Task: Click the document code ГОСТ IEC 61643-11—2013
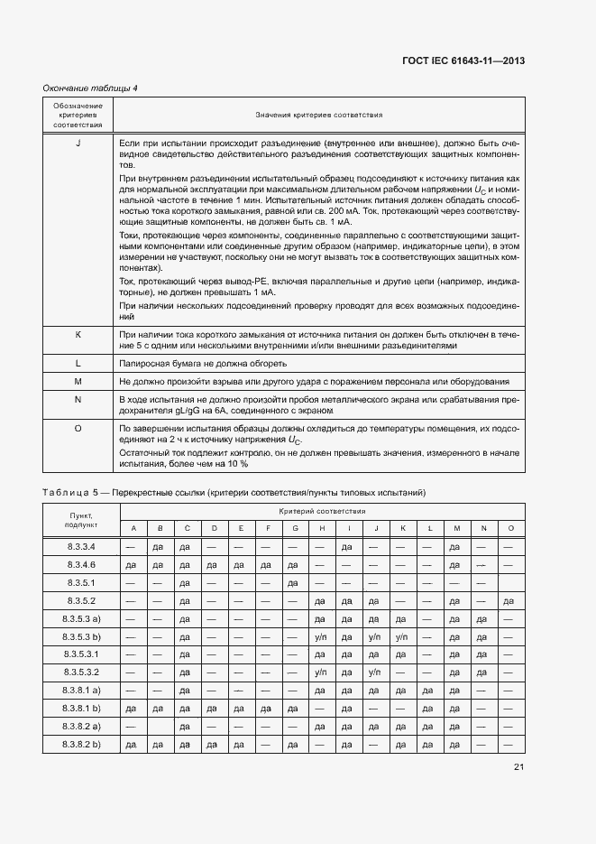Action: click(463, 60)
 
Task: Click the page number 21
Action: click(518, 768)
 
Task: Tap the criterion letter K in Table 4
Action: click(78, 334)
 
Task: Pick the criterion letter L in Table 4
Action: click(78, 363)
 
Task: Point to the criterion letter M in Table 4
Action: click(78, 381)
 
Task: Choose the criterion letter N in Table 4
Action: click(78, 398)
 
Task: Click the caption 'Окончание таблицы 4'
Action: click(90, 88)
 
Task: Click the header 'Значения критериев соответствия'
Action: click(318, 116)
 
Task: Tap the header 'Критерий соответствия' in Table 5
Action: click(321, 511)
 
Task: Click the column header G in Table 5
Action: click(292, 528)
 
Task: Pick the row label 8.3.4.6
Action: click(80, 564)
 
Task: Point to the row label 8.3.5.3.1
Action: click(80, 654)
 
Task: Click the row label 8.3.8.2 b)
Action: click(80, 744)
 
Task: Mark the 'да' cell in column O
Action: click(510, 600)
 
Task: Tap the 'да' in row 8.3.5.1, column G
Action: click(292, 582)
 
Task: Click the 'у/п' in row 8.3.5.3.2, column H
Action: click(320, 672)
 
